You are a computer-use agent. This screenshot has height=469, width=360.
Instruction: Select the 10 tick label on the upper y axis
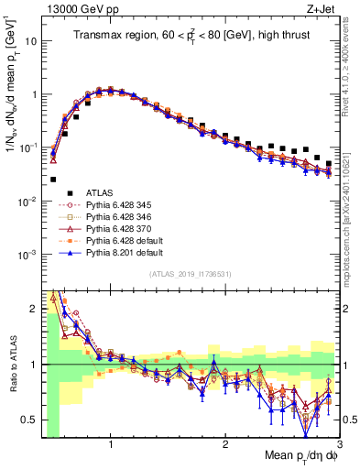(x=31, y=41)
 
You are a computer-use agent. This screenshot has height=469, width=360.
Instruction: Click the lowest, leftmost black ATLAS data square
(x=53, y=180)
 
